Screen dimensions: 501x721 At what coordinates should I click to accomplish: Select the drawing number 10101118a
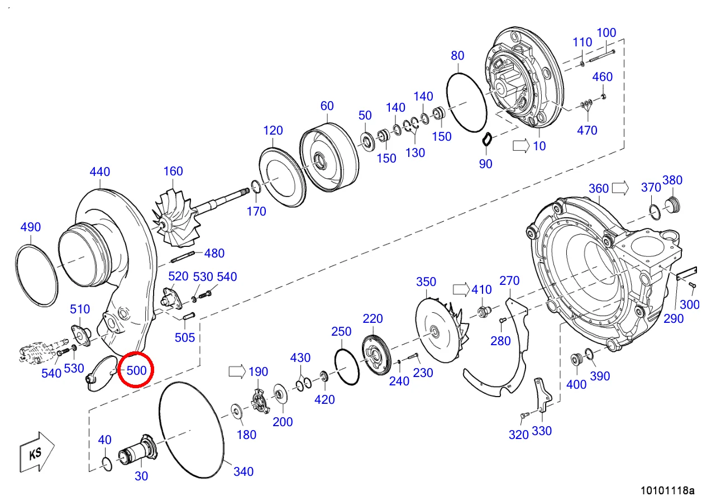667,490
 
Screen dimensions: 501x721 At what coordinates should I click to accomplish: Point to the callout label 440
100,172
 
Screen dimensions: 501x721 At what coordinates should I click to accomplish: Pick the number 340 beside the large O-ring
243,472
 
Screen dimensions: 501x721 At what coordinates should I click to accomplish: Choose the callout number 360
599,188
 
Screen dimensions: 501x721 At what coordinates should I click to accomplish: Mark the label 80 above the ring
457,56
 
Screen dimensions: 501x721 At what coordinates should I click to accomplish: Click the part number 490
31,227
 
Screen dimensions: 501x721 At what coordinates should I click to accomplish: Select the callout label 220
373,319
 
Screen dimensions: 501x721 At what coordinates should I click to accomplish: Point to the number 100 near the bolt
606,33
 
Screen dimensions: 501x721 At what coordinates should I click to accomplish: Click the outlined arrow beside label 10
520,146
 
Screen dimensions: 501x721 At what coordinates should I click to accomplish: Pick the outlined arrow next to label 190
236,371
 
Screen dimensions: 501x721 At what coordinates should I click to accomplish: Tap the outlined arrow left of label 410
461,289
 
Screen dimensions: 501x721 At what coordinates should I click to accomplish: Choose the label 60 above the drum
327,106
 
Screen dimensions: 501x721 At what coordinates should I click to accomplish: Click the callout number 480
214,253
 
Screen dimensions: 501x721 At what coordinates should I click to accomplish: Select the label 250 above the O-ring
341,332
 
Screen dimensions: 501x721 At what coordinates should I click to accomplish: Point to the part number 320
518,435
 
